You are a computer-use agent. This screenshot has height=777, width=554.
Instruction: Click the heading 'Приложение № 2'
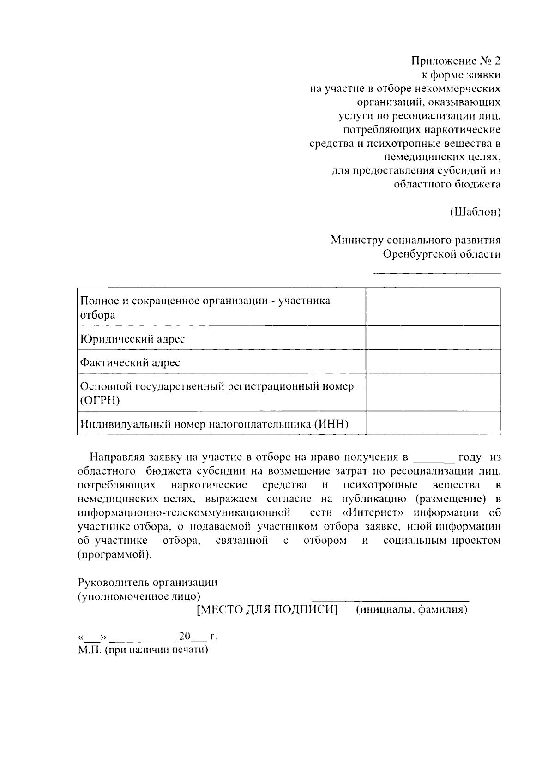(x=456, y=61)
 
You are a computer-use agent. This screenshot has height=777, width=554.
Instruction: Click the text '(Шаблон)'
(x=475, y=212)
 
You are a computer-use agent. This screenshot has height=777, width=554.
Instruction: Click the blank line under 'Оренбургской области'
(x=437, y=273)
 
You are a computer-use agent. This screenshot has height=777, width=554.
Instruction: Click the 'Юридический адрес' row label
(x=132, y=339)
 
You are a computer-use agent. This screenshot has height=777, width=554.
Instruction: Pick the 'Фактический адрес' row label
(x=130, y=362)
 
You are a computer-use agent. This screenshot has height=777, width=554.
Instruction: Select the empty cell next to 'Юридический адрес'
(x=433, y=338)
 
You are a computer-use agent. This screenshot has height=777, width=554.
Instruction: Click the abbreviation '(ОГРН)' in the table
(x=100, y=400)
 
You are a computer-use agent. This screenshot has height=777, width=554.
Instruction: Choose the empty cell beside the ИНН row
(x=433, y=423)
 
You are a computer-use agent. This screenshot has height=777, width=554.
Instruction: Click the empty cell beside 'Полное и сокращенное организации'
(x=433, y=307)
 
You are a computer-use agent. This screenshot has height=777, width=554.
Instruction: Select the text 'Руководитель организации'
(x=147, y=582)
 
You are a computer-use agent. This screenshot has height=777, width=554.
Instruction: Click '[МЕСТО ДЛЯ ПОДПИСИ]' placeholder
(x=267, y=610)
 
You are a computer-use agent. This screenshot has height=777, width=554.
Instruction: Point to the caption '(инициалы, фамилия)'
(x=412, y=610)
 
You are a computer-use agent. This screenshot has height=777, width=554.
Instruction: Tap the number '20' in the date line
(x=185, y=636)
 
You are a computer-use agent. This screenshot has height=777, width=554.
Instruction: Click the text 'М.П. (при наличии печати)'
(x=143, y=650)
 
